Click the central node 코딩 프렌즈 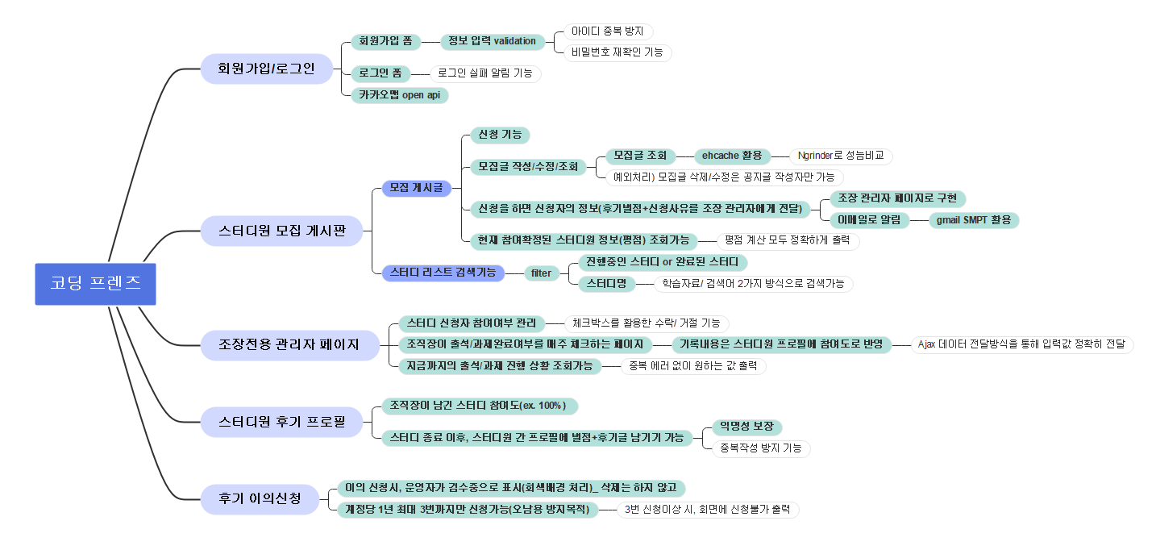pyautogui.click(x=95, y=284)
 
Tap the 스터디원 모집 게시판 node pyautogui.click(x=281, y=231)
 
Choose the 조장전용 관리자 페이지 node pyautogui.click(x=289, y=345)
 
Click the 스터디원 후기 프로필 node pyautogui.click(x=281, y=421)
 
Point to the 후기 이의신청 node pyautogui.click(x=260, y=498)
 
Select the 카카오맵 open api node pyautogui.click(x=399, y=95)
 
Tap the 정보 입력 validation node pyautogui.click(x=492, y=41)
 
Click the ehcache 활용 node pyautogui.click(x=732, y=156)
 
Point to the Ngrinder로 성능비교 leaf pyautogui.click(x=840, y=156)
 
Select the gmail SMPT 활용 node pyautogui.click(x=974, y=220)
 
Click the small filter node pyautogui.click(x=541, y=273)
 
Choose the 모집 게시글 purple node pyautogui.click(x=416, y=188)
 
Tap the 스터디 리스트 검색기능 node pyautogui.click(x=443, y=273)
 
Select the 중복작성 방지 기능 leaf pyautogui.click(x=761, y=448)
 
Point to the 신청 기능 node pyautogui.click(x=499, y=135)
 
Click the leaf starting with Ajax pyautogui.click(x=1021, y=344)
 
